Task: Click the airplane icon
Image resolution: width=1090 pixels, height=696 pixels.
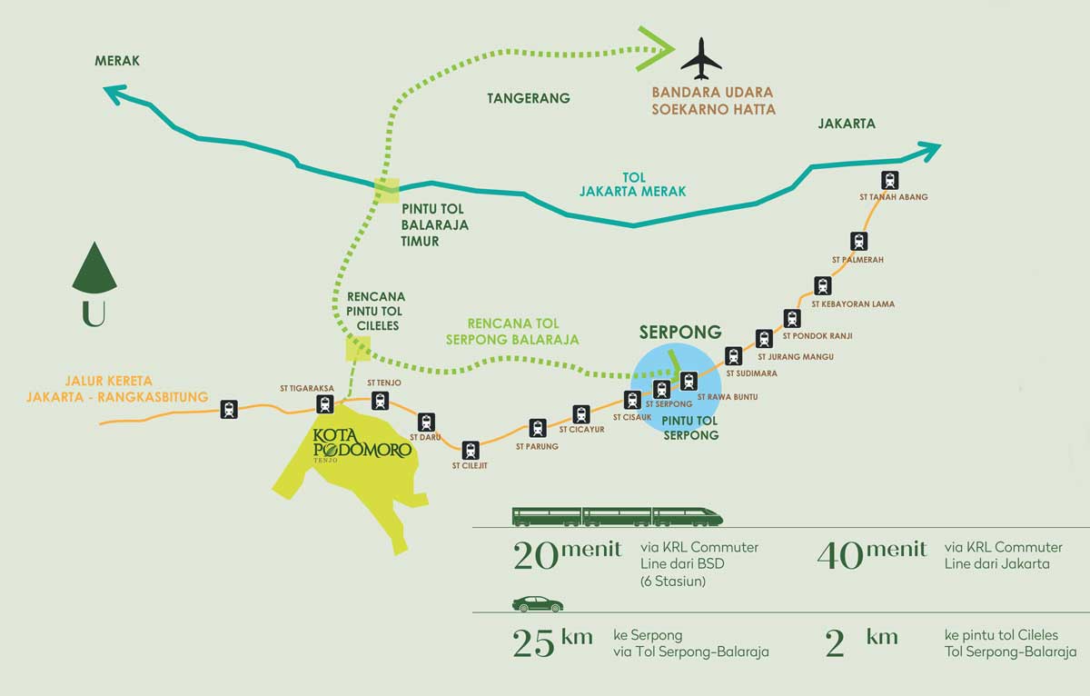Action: [x=701, y=58]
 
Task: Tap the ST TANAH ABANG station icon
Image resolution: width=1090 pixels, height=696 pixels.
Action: [x=889, y=180]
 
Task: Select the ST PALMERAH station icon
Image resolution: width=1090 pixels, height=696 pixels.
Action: [x=859, y=242]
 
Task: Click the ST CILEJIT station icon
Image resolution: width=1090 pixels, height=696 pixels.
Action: [x=471, y=450]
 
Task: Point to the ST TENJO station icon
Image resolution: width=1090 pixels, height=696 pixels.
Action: [x=380, y=401]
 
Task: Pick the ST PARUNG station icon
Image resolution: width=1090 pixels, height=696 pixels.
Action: [x=537, y=428]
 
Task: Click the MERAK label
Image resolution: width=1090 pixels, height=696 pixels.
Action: [x=117, y=61]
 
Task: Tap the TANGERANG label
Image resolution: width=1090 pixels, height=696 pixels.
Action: [x=529, y=98]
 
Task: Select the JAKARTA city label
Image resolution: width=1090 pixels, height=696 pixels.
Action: [x=847, y=124]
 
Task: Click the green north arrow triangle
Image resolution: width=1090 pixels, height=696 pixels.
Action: [x=94, y=269]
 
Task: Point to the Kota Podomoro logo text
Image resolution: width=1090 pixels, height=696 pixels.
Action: [x=362, y=443]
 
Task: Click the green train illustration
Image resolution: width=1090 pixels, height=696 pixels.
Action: [x=618, y=517]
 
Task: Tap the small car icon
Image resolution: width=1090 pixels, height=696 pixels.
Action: [x=538, y=604]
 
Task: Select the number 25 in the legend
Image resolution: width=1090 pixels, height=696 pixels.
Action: [x=533, y=643]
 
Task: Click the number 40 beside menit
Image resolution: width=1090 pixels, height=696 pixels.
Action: [x=840, y=556]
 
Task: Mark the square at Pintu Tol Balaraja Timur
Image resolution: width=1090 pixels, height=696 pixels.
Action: [x=387, y=190]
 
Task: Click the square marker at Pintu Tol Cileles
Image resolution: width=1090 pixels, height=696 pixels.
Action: [x=358, y=349]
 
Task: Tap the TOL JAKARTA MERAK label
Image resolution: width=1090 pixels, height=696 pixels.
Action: [x=632, y=184]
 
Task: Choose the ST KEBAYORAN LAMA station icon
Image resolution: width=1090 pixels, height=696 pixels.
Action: [x=822, y=285]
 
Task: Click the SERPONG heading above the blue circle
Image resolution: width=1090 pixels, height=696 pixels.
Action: [x=680, y=332]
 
